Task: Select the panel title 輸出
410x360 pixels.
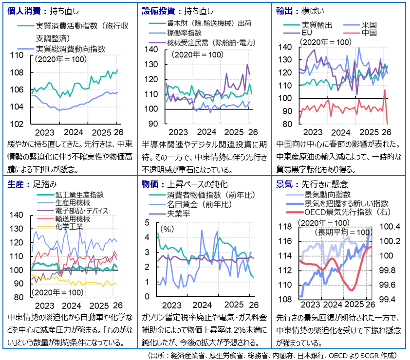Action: pyautogui.click(x=284, y=10)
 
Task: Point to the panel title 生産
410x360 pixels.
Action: pyautogui.click(x=17, y=184)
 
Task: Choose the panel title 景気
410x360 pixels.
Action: pyautogui.click(x=284, y=184)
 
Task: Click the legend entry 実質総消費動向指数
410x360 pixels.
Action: pyautogui.click(x=70, y=49)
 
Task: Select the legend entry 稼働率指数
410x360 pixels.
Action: pyautogui.click(x=184, y=33)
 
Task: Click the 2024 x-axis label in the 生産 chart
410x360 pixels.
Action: pyautogui.click(x=72, y=306)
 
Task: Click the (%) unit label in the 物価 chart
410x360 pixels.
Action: pyautogui.click(x=167, y=228)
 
